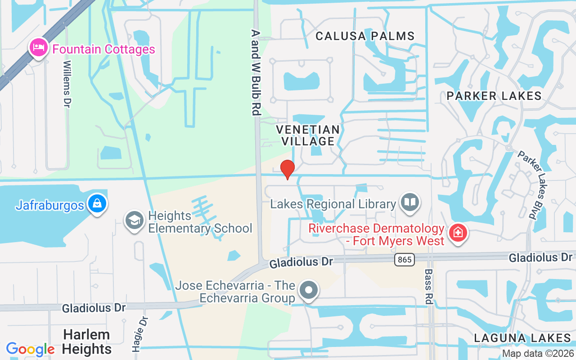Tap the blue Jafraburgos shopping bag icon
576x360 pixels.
97,204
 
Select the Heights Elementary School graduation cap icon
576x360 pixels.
134,220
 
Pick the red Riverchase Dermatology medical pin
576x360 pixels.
458,233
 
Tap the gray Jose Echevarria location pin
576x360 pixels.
309,290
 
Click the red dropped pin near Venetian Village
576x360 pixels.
287,169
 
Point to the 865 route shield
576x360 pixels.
404,259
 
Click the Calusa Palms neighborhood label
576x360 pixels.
365,36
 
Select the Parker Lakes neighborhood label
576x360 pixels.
494,96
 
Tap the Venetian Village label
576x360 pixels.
308,135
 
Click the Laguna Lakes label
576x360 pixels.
522,338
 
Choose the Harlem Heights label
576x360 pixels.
87,342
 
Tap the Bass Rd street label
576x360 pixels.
428,286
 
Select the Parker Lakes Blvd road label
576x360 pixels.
533,184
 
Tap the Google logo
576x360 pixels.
30,349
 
